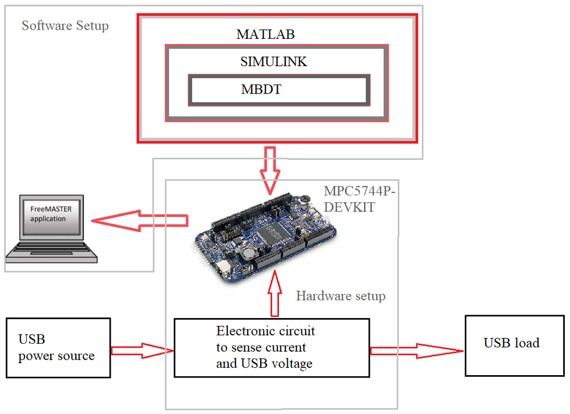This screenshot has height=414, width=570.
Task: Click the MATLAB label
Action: tap(265, 34)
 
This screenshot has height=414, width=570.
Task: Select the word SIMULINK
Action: tap(273, 62)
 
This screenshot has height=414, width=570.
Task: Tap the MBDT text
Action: tap(261, 89)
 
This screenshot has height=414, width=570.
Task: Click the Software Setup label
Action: tap(65, 26)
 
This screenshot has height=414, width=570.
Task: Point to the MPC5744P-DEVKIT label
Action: tap(359, 199)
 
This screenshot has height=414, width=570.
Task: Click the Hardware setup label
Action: tap(341, 296)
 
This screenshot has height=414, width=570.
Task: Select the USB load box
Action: tap(515, 345)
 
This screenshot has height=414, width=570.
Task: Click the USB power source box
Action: tap(58, 348)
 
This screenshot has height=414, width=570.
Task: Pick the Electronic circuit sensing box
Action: tap(272, 348)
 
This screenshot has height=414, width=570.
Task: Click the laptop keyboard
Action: tap(51, 251)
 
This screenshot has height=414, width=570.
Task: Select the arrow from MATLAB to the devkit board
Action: tap(270, 171)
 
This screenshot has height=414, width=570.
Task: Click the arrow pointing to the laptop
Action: tap(140, 220)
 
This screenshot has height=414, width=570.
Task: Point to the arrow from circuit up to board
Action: tap(275, 293)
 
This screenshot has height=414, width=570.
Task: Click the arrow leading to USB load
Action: tap(417, 351)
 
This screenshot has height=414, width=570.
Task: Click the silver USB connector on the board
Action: tap(223, 269)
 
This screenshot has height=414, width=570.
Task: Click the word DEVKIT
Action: tap(349, 207)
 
